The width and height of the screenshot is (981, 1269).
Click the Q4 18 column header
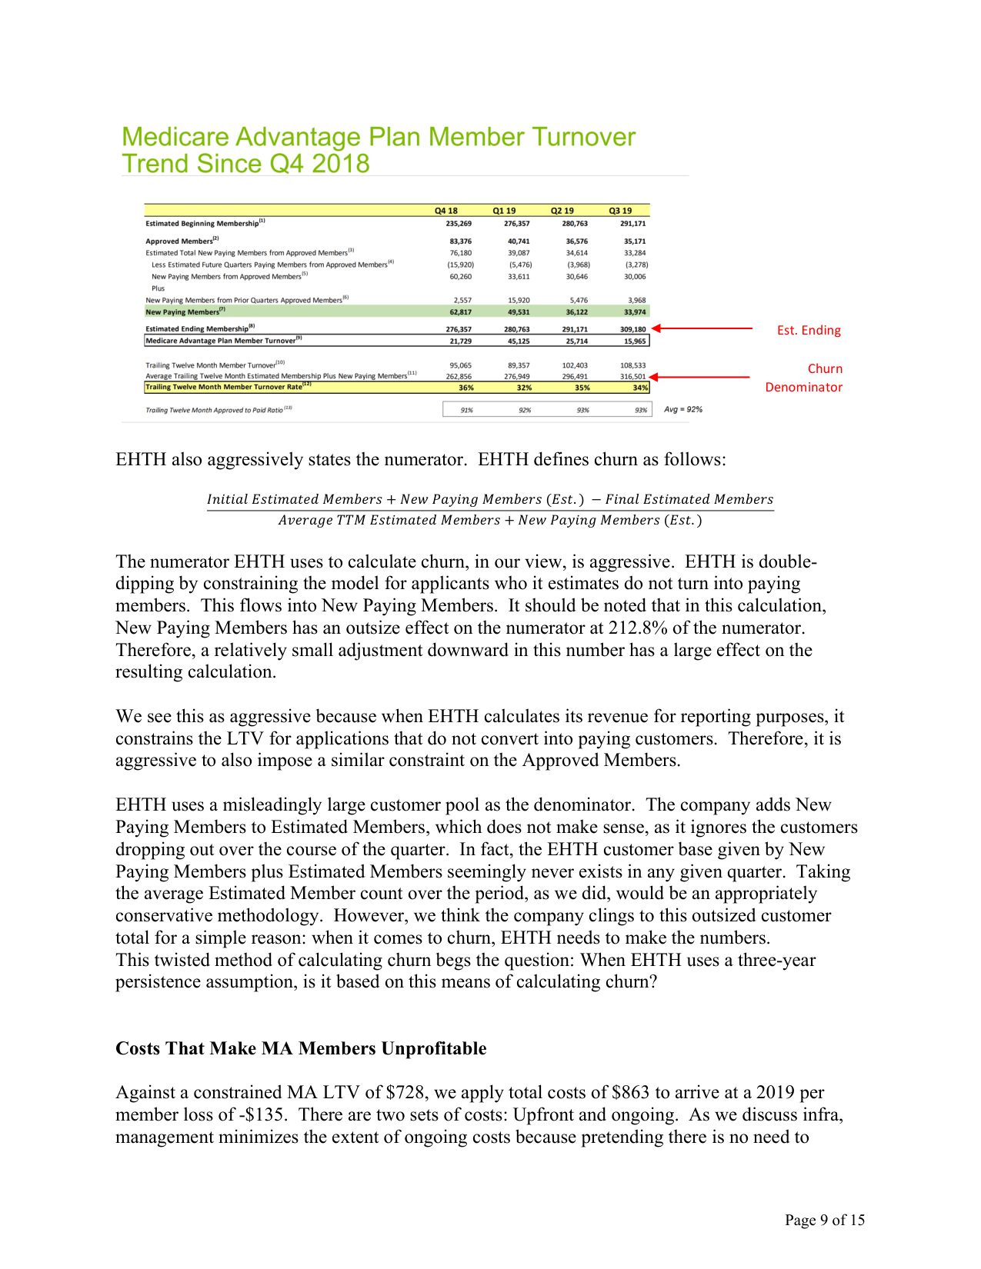[445, 211]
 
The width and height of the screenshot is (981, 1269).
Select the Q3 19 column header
[620, 211]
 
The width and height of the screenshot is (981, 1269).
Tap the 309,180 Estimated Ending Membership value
[633, 329]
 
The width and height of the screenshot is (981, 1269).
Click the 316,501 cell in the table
[633, 377]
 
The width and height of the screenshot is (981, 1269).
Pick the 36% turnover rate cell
[465, 388]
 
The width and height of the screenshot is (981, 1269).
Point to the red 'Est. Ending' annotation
[809, 331]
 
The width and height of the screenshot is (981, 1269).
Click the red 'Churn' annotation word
[825, 369]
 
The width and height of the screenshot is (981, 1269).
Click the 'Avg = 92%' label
[683, 410]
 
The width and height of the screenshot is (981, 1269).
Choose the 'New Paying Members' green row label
[183, 312]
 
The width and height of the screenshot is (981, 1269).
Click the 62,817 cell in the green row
[460, 312]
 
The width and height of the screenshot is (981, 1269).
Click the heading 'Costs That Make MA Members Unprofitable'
[301, 1049]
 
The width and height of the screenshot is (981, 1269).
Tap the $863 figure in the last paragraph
[631, 1093]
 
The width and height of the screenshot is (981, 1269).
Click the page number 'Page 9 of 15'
[824, 1220]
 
